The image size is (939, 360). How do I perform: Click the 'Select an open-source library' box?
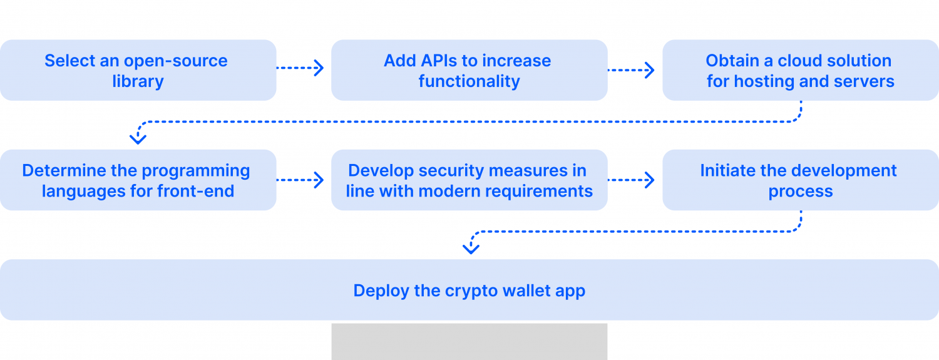(138, 70)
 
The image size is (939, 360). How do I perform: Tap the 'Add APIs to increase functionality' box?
(469, 70)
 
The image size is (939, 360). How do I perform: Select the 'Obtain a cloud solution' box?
(801, 70)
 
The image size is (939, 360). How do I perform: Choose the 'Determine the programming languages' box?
(138, 180)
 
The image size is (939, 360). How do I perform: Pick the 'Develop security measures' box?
(469, 180)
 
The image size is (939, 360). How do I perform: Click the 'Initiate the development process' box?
(801, 180)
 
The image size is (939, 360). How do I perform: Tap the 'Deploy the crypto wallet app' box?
(469, 290)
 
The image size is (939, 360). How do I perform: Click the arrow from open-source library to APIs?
(300, 68)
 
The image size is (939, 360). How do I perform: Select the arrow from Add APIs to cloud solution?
(632, 70)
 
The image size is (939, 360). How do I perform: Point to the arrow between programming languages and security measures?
(300, 180)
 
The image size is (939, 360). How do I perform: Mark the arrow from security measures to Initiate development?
(632, 180)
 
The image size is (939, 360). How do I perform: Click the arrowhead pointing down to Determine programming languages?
(138, 138)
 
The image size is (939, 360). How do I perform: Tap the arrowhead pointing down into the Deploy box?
(471, 249)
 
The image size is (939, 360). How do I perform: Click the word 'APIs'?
(441, 61)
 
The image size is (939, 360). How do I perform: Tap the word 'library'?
(138, 81)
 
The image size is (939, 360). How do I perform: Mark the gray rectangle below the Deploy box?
(469, 341)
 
